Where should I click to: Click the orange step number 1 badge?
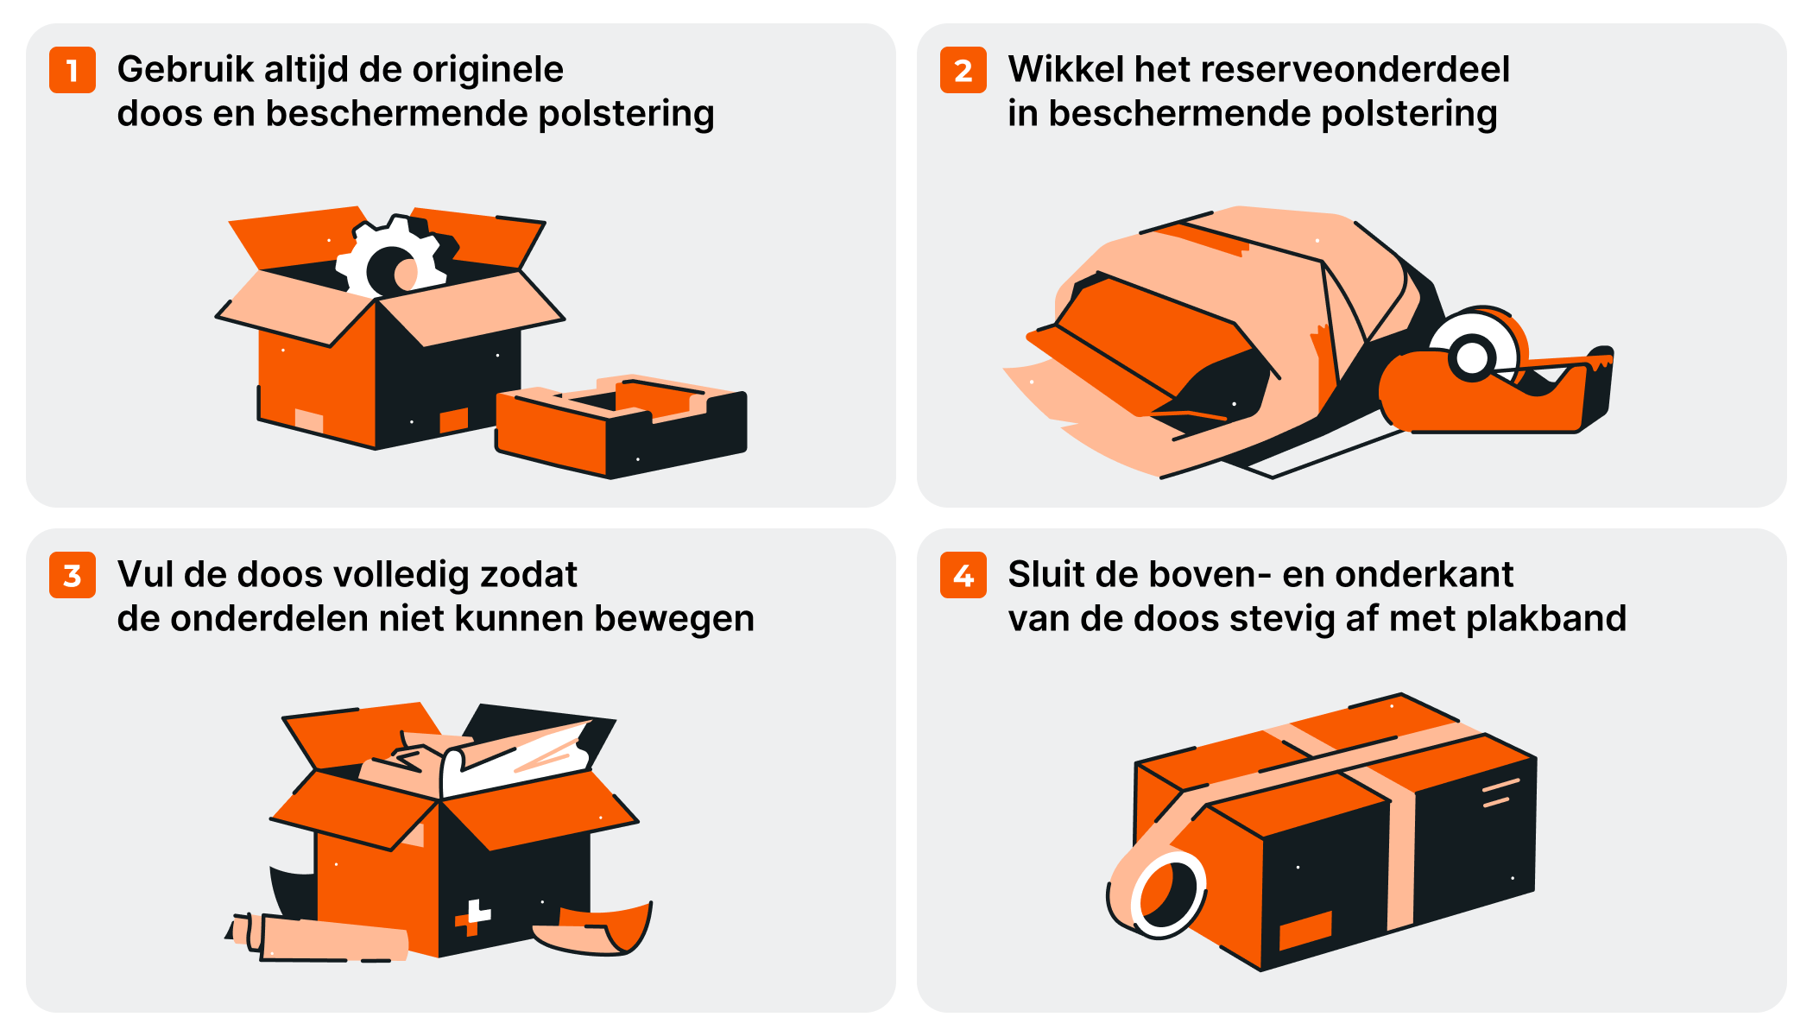click(x=73, y=70)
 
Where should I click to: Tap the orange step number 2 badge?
click(x=963, y=70)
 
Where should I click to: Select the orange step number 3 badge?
click(x=73, y=575)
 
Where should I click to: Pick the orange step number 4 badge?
click(x=963, y=575)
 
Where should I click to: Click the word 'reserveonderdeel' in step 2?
click(x=1365, y=70)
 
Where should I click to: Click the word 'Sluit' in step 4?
click(x=1045, y=575)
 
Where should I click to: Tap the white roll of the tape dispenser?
click(x=1473, y=350)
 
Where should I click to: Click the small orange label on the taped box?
click(x=1304, y=930)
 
